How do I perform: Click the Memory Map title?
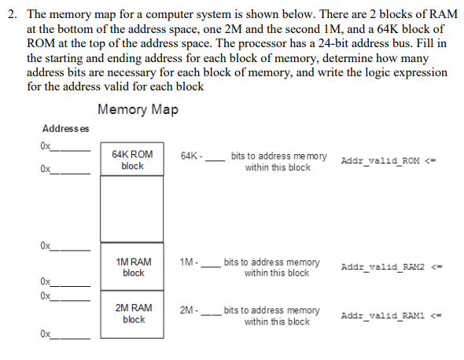pos(138,109)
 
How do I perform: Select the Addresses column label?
pos(65,129)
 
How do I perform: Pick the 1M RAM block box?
pos(132,266)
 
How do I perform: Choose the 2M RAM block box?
pos(132,314)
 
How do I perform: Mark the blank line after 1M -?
pos(210,264)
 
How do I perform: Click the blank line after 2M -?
pos(210,312)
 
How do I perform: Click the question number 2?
pos(10,16)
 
